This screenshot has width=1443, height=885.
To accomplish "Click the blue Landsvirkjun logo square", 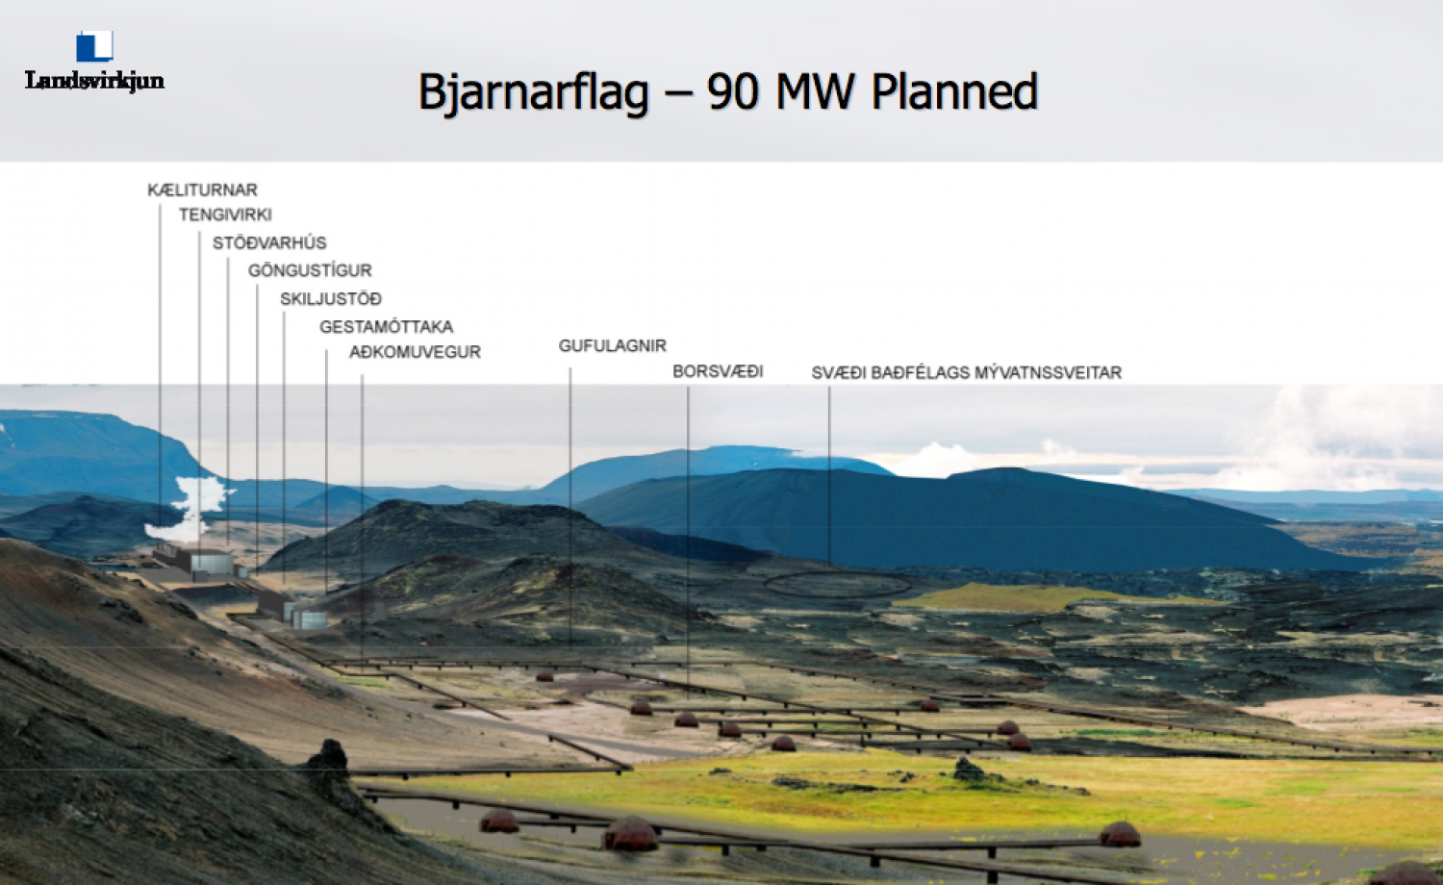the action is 94,46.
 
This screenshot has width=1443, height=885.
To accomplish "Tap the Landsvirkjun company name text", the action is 94,81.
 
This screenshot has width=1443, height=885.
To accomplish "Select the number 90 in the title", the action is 732,91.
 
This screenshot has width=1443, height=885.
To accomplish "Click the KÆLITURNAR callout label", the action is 202,190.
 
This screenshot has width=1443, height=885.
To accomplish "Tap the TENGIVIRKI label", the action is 225,215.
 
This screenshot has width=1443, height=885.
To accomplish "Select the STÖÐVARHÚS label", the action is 269,242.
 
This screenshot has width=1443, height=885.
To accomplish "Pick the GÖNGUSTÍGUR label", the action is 310,270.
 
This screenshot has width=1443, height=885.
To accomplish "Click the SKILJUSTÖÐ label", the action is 331,299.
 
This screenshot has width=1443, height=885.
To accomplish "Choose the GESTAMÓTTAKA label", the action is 387,327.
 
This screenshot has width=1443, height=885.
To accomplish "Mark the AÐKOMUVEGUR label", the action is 415,352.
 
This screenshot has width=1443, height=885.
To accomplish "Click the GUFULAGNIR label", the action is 612,346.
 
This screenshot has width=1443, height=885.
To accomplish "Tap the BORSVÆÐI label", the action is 718,371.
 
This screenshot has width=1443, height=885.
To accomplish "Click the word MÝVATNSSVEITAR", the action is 1049,372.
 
